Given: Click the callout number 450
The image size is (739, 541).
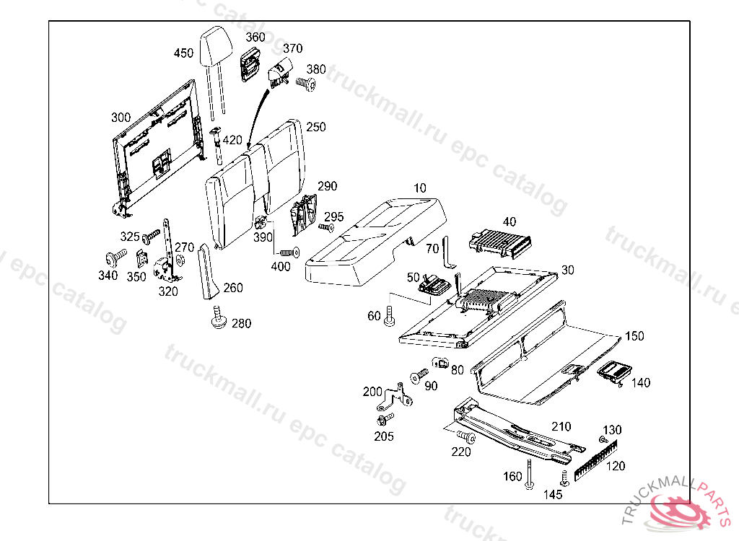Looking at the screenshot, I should (183, 53).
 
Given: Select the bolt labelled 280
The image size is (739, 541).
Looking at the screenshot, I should (217, 318).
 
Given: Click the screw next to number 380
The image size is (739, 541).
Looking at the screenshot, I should (307, 84).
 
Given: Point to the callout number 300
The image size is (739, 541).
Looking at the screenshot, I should (121, 118).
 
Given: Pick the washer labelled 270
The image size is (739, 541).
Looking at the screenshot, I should (180, 260).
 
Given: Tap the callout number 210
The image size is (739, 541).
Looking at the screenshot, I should (561, 426).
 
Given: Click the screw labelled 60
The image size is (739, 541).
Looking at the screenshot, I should (390, 315).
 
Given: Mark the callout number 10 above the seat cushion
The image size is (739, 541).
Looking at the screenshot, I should (419, 188).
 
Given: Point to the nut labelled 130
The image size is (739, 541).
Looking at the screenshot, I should (603, 439).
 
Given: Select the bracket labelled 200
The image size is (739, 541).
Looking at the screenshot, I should (398, 395).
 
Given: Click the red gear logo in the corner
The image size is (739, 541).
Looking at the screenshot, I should (682, 512).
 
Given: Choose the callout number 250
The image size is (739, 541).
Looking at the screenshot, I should (315, 128).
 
